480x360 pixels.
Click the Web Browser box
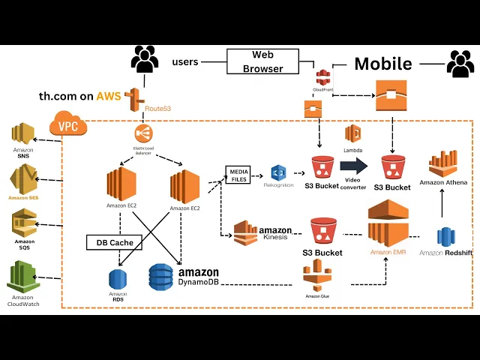click(262, 61)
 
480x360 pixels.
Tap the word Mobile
click(382, 64)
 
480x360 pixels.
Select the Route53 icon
click(136, 99)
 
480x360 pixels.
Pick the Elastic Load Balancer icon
click(143, 133)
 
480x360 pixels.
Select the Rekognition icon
click(279, 173)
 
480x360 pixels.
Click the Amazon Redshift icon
click(447, 236)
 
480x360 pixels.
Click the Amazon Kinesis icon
click(245, 233)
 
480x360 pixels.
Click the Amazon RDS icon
click(118, 278)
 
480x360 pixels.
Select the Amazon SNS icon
click(23, 135)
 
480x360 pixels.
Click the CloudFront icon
click(323, 76)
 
